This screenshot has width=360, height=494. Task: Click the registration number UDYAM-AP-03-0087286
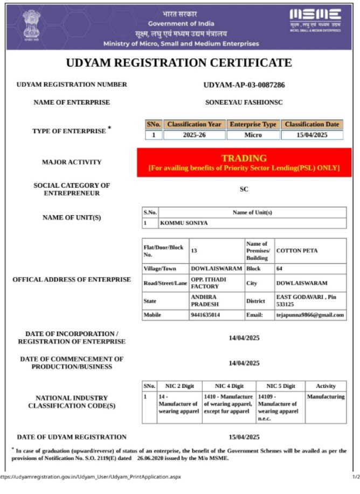coord(244,85)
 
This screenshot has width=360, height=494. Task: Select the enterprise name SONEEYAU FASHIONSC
coord(244,102)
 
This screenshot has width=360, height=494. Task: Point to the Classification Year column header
coord(194,125)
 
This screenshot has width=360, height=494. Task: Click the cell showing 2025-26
coord(194,135)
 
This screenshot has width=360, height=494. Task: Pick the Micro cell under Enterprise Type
coord(253,135)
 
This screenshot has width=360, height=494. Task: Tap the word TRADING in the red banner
coord(244,159)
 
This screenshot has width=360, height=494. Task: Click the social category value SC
coord(244,189)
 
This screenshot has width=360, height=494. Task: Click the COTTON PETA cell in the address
coord(297,251)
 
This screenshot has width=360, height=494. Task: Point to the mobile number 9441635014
coord(209,315)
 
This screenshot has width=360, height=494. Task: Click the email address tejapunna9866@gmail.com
coord(310,315)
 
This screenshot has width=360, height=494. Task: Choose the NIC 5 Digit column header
coord(280,386)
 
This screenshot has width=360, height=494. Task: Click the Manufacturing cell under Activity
coord(326,397)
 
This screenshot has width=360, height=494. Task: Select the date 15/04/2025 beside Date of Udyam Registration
coord(244,437)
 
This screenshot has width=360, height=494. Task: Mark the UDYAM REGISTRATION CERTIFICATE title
coord(179,63)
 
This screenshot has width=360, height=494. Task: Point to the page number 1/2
coord(356,477)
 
